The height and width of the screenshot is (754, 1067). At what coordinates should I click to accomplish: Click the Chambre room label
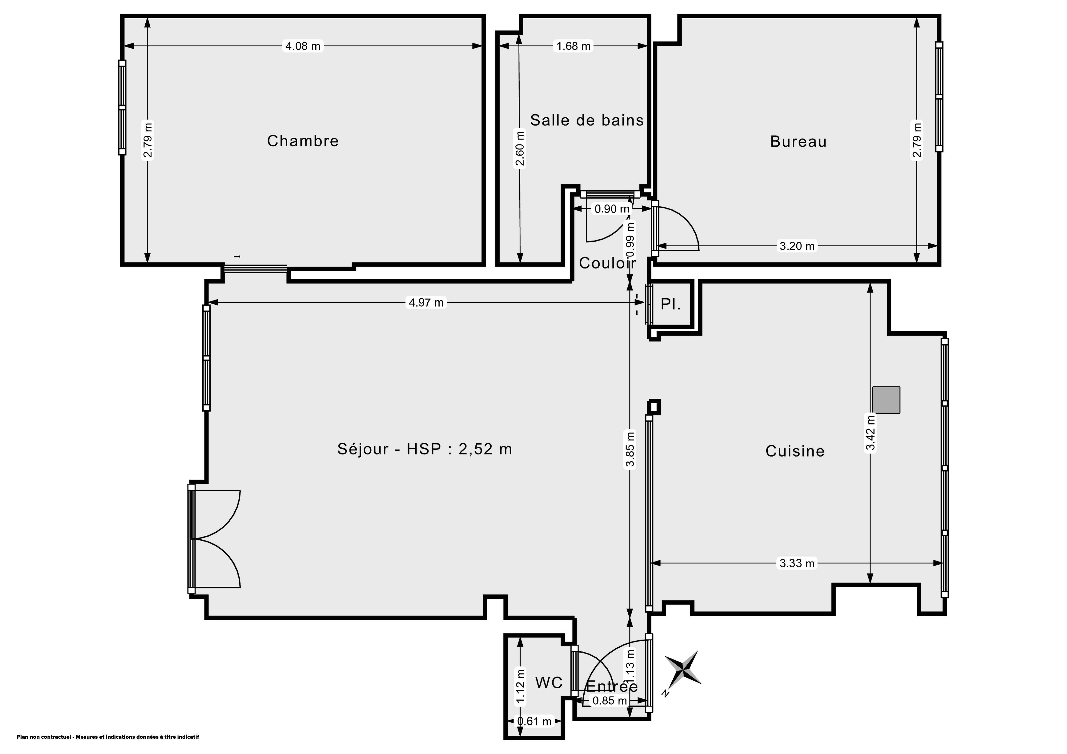tap(303, 141)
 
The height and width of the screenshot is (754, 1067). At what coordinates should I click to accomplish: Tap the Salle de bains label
tap(587, 120)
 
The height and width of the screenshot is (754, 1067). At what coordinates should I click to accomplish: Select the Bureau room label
tap(798, 141)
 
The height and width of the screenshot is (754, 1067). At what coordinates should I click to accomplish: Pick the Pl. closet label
tap(670, 304)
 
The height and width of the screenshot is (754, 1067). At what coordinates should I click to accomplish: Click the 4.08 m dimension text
tap(303, 46)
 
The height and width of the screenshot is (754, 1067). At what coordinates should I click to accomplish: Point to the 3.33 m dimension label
tap(797, 563)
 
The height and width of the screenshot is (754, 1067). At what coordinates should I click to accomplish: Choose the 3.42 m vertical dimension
tap(871, 433)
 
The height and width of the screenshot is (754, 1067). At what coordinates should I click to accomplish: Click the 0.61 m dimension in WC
tap(534, 722)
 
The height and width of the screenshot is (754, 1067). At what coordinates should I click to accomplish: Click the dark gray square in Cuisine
tap(886, 400)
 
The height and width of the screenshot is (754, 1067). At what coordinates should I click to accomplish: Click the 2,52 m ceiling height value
tap(485, 449)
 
